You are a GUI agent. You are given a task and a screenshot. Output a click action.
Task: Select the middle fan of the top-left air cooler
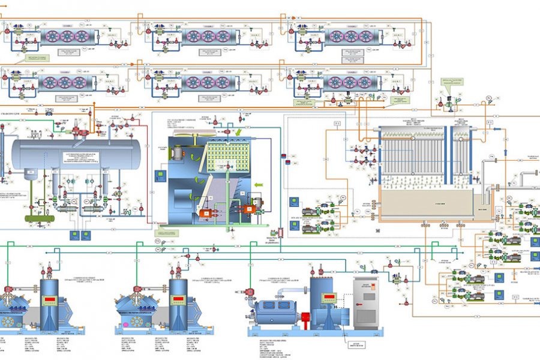65,35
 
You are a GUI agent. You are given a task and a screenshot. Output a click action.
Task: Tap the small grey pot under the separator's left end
28,175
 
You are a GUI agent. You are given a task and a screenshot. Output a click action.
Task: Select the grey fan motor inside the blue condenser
178,154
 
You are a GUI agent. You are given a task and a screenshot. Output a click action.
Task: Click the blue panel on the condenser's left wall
161,176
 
